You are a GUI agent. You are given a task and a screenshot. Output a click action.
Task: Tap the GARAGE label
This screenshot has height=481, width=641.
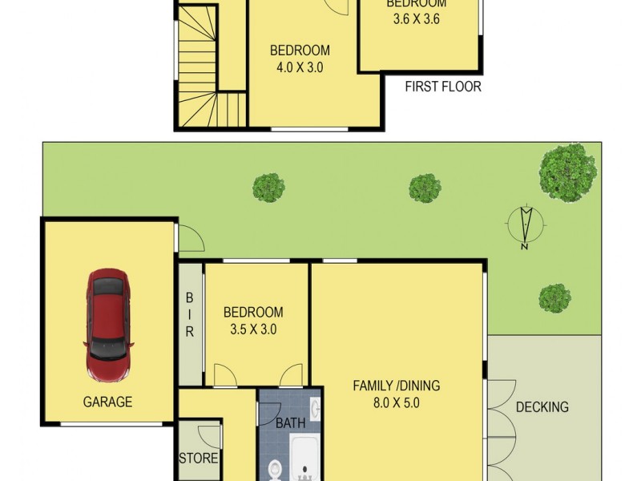[x=107, y=402]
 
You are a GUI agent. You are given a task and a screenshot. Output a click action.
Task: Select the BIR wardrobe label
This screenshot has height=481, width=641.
[x=190, y=314]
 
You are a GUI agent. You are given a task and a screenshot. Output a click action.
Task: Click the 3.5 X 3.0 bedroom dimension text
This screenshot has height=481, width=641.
[x=252, y=329]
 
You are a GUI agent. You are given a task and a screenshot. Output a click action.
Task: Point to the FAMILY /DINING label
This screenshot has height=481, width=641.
[x=396, y=386]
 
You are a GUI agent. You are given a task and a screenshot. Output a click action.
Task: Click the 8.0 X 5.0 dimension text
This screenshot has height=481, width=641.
[x=396, y=403]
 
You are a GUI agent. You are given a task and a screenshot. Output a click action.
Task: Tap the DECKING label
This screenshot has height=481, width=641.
[x=542, y=407]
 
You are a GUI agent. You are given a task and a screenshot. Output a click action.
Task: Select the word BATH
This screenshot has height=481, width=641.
[x=290, y=422]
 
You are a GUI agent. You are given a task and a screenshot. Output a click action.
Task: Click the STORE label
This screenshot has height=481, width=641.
[x=198, y=459]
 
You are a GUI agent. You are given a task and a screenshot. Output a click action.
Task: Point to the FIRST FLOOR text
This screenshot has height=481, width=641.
[x=443, y=87]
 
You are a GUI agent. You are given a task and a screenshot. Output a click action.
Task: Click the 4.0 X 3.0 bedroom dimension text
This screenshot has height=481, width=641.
[x=300, y=68]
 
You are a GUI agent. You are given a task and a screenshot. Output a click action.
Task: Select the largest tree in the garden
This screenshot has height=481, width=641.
[x=567, y=170]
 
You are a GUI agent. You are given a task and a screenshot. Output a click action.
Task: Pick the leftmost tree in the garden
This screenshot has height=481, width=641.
[x=268, y=188]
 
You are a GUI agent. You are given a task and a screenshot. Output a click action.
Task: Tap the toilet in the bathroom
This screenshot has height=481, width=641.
[x=275, y=467]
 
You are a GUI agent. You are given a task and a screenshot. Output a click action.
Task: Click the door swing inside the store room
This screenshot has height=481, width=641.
[x=210, y=437]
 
